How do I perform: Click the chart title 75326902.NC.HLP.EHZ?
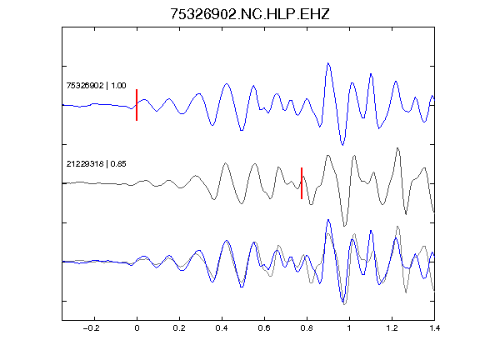(x=249, y=14)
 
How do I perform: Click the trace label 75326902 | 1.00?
(x=96, y=85)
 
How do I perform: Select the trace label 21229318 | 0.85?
(x=96, y=164)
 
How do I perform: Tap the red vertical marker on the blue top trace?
(x=137, y=105)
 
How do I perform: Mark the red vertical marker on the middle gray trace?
(x=302, y=183)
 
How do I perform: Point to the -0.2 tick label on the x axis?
(x=91, y=328)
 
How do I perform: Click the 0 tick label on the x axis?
(x=137, y=328)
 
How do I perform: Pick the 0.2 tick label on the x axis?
(x=179, y=328)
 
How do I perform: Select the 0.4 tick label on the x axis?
(x=222, y=328)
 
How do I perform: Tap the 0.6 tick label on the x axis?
(x=264, y=328)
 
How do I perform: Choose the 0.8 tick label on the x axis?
(x=307, y=328)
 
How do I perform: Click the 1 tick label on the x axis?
(x=349, y=328)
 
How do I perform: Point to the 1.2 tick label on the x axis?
(x=392, y=328)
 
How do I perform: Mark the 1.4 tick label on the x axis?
(x=434, y=328)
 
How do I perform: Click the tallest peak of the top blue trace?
(x=328, y=63)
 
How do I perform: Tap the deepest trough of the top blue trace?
(x=342, y=145)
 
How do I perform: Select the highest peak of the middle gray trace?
(x=397, y=148)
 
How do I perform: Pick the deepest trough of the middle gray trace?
(x=345, y=226)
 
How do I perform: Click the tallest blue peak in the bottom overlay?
(x=328, y=220)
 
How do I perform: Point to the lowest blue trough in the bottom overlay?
(x=342, y=302)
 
